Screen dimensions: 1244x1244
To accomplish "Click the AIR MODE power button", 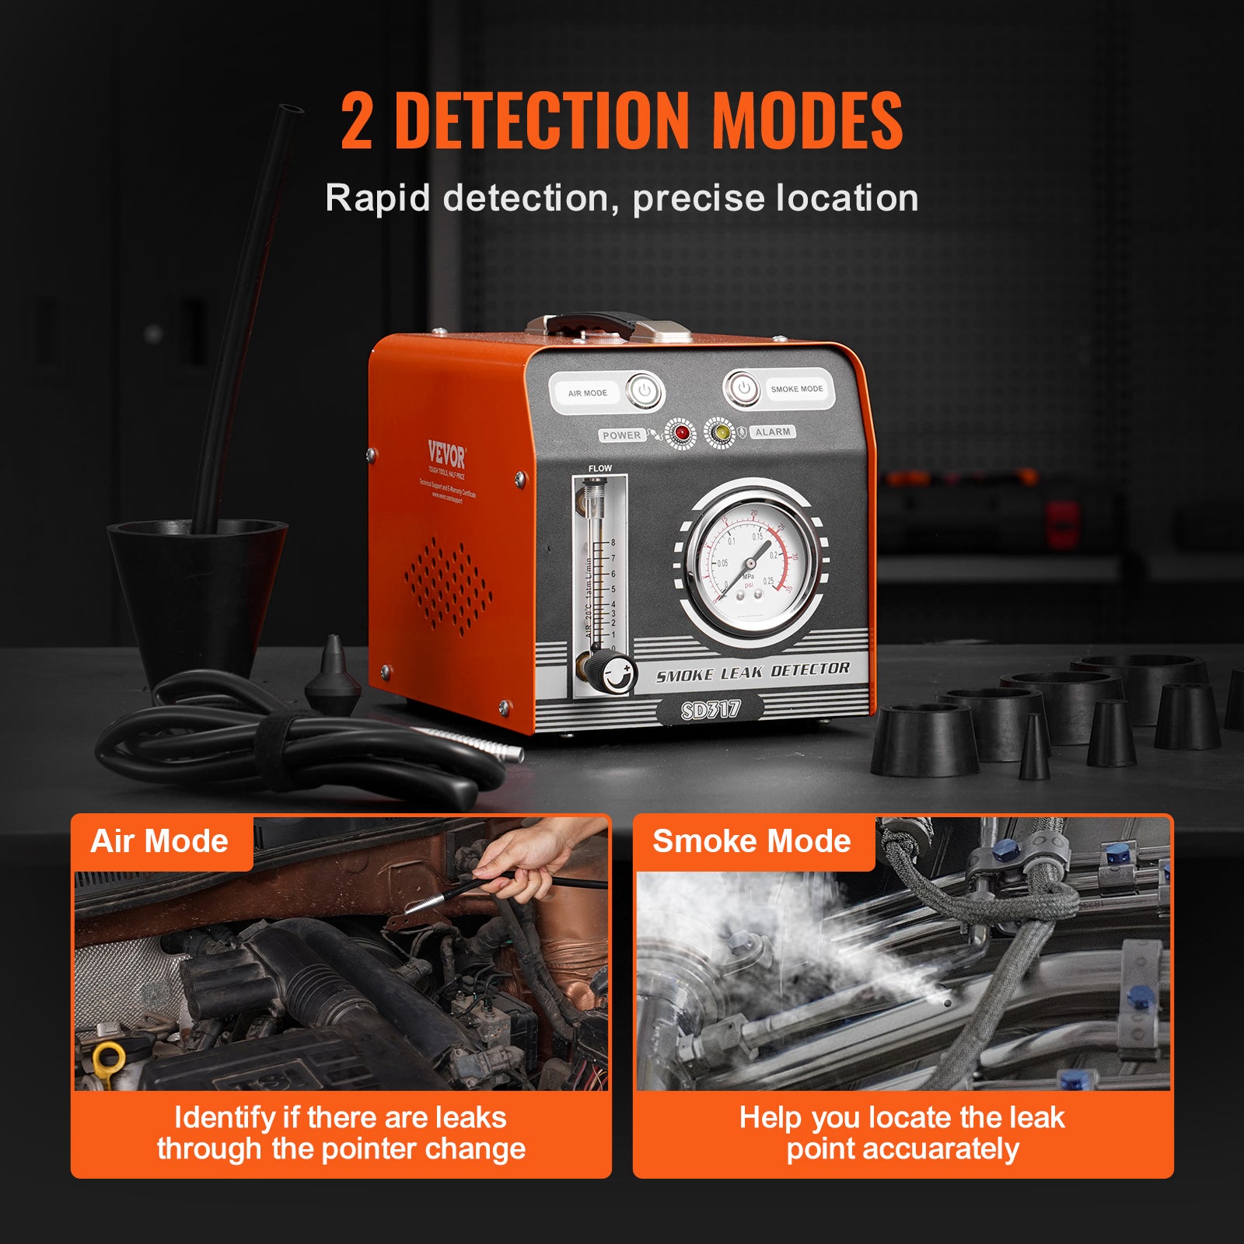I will pyautogui.click(x=645, y=392).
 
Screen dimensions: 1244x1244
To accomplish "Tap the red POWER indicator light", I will pyautogui.click(x=682, y=434).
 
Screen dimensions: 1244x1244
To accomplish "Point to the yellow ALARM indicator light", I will pyautogui.click(x=721, y=432).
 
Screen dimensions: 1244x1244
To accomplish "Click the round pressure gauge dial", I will pyautogui.click(x=753, y=565).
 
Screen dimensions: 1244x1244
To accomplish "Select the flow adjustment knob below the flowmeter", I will pyautogui.click(x=617, y=673).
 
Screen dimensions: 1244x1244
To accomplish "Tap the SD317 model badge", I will pyautogui.click(x=710, y=710).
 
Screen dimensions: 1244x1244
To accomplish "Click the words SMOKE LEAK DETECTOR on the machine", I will pyautogui.click(x=753, y=672).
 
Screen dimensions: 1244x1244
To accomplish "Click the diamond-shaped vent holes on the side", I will pyautogui.click(x=448, y=587).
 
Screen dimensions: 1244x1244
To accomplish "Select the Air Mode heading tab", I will pyautogui.click(x=160, y=842).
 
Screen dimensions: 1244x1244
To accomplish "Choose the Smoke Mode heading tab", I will pyautogui.click(x=751, y=842).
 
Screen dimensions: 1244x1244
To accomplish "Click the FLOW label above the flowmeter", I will pyautogui.click(x=599, y=468).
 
